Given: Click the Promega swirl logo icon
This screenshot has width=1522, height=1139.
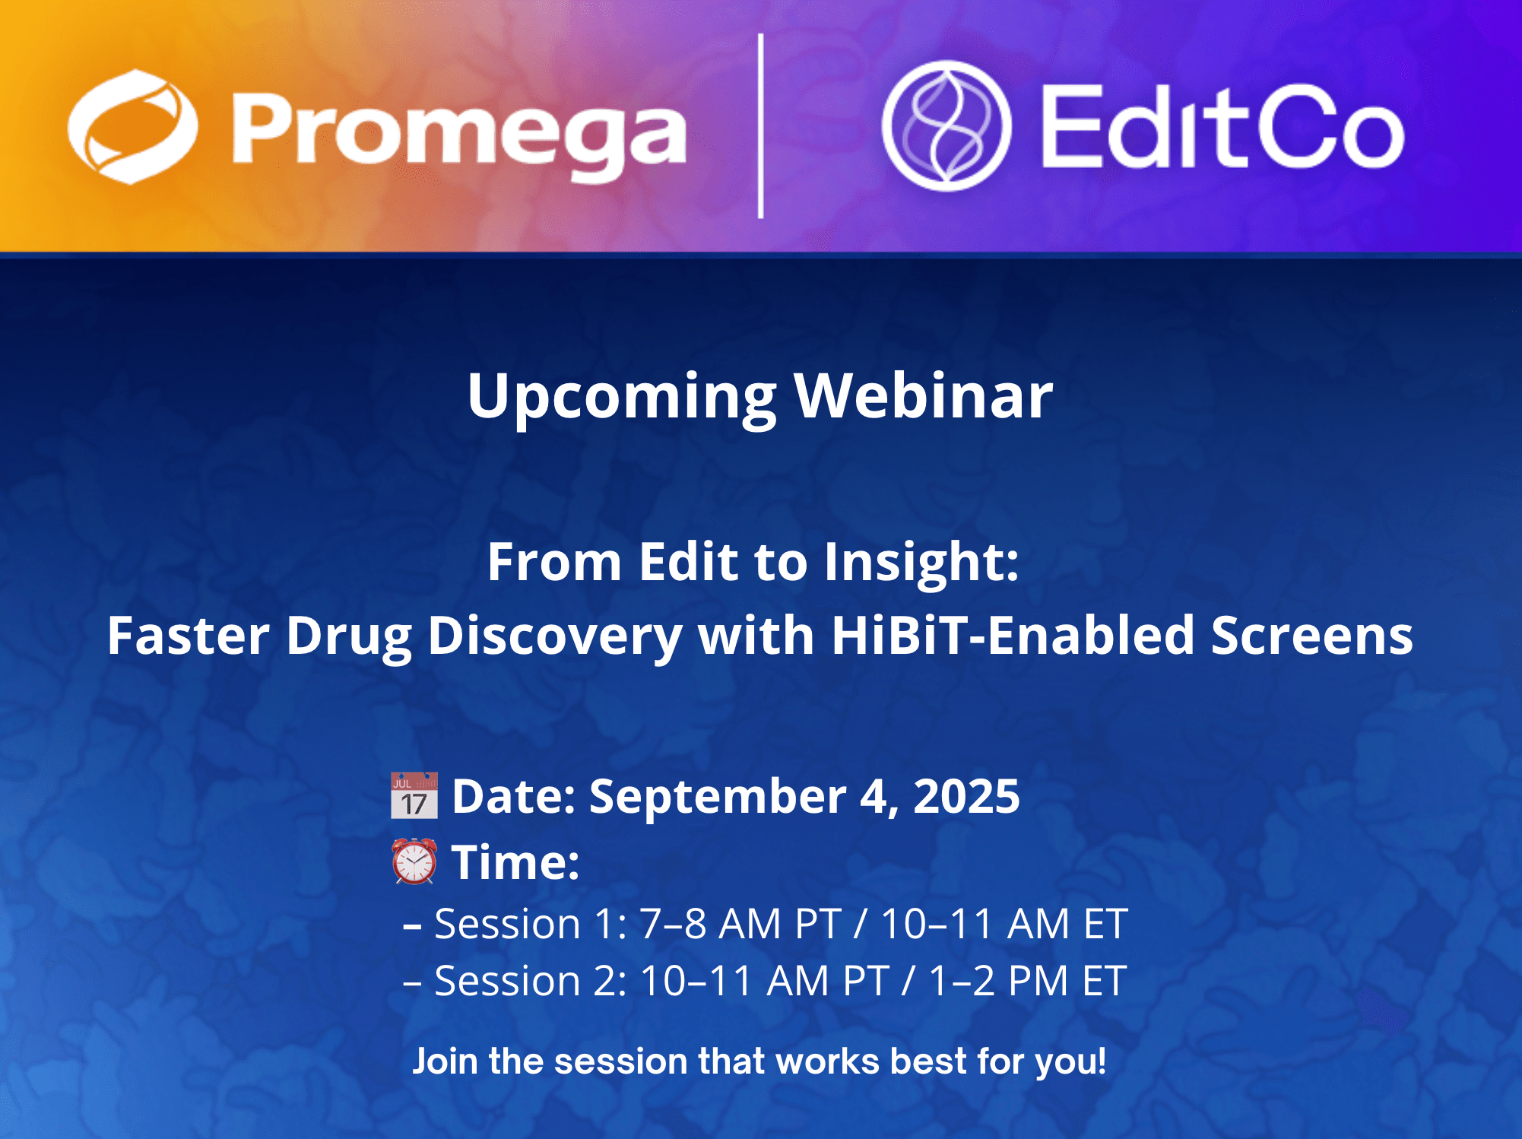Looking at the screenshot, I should (132, 126).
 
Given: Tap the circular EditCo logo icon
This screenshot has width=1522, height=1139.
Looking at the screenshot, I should (946, 126).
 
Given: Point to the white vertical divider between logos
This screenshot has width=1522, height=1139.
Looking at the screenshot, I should (761, 126).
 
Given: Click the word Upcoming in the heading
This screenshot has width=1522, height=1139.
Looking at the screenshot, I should (621, 396).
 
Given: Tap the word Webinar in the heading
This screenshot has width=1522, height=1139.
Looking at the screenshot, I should (924, 396).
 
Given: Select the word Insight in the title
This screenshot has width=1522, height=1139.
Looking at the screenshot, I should (921, 562).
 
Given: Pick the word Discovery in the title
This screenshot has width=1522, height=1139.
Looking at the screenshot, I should (555, 635).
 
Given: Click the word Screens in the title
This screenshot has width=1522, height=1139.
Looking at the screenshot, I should (1312, 635).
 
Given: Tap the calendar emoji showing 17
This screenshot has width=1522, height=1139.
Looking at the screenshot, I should (414, 795).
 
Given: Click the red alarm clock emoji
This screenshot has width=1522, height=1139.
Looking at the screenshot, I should (414, 861).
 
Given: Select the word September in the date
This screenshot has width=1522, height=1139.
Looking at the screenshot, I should (717, 797).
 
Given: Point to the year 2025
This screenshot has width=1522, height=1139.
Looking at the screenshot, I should (966, 797).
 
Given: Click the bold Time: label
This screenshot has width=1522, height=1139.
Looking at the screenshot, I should (515, 863).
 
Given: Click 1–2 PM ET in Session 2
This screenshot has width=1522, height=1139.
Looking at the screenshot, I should (1027, 981).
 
